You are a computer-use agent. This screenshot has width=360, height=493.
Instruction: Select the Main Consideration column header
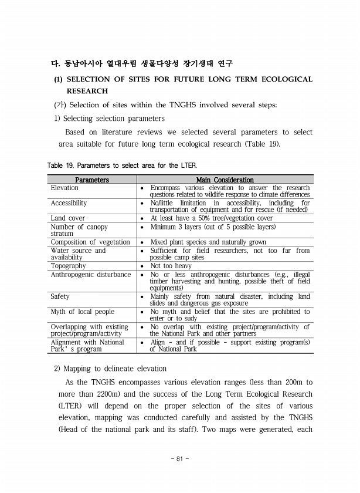click(x=225, y=180)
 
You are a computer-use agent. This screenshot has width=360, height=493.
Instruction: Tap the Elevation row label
click(x=64, y=188)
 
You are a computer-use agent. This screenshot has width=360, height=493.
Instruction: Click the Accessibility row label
click(x=69, y=203)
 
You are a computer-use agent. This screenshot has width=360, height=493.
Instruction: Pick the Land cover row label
click(x=68, y=218)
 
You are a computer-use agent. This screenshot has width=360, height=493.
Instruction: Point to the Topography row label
click(x=68, y=266)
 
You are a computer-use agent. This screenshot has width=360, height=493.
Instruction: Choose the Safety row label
click(x=60, y=296)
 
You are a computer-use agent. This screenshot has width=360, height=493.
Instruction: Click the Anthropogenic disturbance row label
click(x=91, y=274)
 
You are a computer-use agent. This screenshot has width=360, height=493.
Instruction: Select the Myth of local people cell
click(x=83, y=312)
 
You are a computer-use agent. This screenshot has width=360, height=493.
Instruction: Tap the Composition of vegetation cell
click(x=90, y=242)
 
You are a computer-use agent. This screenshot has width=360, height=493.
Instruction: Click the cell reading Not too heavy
click(x=171, y=266)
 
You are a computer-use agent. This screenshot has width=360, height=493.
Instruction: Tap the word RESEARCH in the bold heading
click(x=87, y=91)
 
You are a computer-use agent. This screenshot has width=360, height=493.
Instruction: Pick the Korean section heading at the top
click(x=144, y=63)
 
